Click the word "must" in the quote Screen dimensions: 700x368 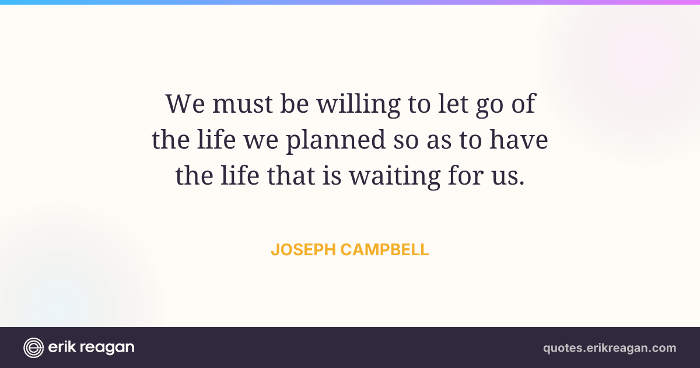coord(242,104)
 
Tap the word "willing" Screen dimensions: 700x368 coord(358,105)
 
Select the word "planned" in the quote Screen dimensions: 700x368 coord(336,141)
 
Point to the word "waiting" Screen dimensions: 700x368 coord(395,177)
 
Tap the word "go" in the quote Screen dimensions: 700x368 coord(489,107)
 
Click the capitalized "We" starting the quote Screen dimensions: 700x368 coord(185,103)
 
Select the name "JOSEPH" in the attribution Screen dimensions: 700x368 coord(303,250)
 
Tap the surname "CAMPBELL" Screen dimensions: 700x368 coord(384,250)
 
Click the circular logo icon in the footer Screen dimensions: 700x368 coord(33,348)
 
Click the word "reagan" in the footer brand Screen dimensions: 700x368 coord(107,348)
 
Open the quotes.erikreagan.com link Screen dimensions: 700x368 coord(610,348)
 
